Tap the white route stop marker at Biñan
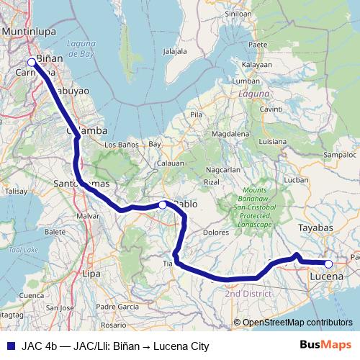coord(32,62)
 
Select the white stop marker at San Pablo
coord(163,205)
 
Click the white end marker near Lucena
coord(328,264)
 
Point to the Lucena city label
coord(328,276)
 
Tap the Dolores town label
coord(215,233)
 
